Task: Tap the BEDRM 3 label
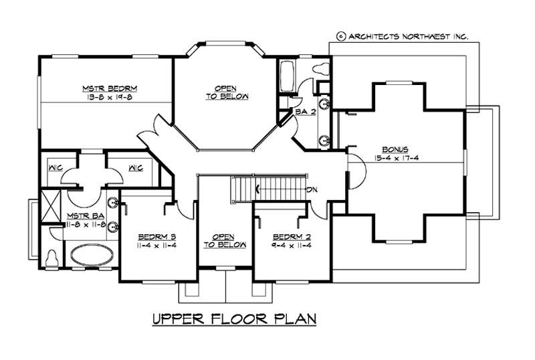157,236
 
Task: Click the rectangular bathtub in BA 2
288,72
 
